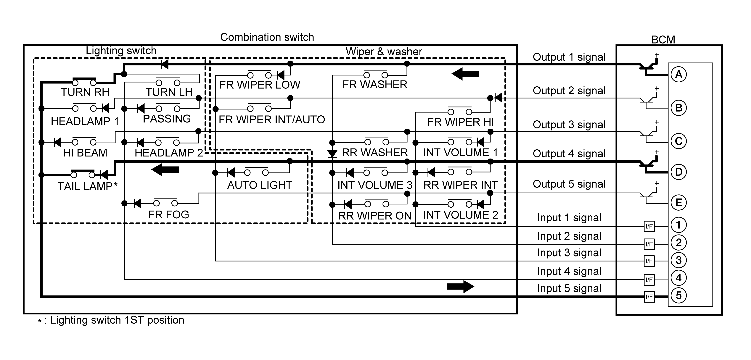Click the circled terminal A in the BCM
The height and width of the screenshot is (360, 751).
pyautogui.click(x=678, y=75)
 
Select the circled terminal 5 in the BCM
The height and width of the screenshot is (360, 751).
pyautogui.click(x=678, y=296)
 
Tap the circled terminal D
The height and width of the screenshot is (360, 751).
pyautogui.click(x=678, y=172)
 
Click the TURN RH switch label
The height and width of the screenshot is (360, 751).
pyautogui.click(x=85, y=92)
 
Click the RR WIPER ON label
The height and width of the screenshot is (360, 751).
pyautogui.click(x=375, y=216)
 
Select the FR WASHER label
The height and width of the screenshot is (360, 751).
pyautogui.click(x=375, y=85)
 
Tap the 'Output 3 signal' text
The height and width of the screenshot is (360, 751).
pyautogui.click(x=569, y=125)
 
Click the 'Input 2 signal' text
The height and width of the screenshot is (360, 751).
pyautogui.click(x=569, y=236)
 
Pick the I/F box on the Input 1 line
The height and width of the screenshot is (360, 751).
pyautogui.click(x=649, y=226)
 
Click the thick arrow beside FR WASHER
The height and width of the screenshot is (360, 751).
pyautogui.click(x=465, y=74)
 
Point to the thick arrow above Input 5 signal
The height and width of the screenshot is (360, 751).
pyautogui.click(x=461, y=287)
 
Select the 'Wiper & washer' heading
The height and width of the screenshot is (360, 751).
pyautogui.click(x=384, y=52)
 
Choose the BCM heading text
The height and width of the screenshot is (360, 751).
pyautogui.click(x=663, y=40)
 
